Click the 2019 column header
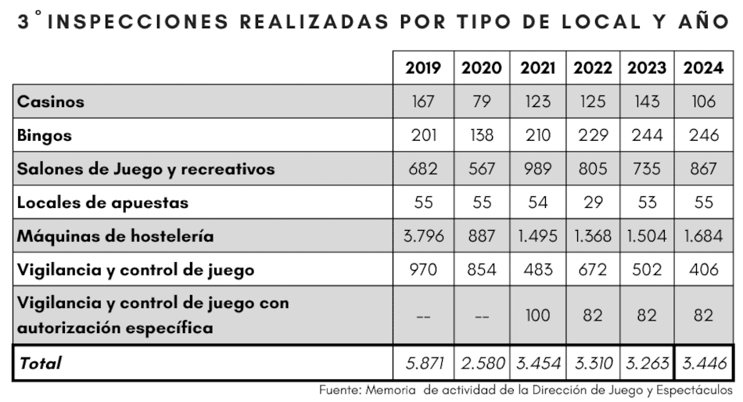[x=423, y=68]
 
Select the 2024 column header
[x=703, y=68]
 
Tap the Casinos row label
[x=51, y=102]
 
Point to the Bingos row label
[x=45, y=135]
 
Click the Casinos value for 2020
[x=482, y=102]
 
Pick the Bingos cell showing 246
[x=703, y=135]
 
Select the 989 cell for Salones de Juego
[x=537, y=169]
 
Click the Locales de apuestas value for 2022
[x=593, y=203]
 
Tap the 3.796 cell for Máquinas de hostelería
[x=423, y=236]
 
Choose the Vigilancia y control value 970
[x=423, y=270]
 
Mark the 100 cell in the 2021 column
[x=537, y=315]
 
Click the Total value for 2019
[x=423, y=363]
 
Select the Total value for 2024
[x=703, y=363]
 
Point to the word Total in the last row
[x=40, y=363]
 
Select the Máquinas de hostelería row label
[x=115, y=236]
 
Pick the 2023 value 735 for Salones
[x=648, y=169]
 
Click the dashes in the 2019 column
[x=423, y=317]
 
